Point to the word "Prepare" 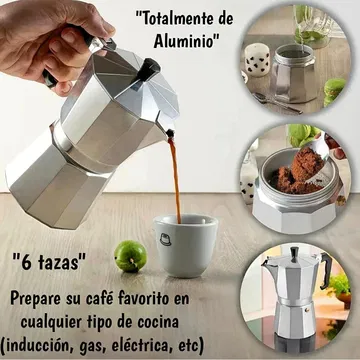33,299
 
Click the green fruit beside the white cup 130,256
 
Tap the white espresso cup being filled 185,245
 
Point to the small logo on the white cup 165,239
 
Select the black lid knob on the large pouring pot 148,69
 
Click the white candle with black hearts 257,60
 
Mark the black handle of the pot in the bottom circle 326,270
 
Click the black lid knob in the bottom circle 294,254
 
